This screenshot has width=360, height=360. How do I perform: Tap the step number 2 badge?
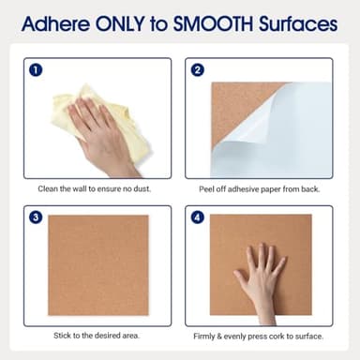point(197,69)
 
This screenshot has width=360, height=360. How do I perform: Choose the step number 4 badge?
point(197,217)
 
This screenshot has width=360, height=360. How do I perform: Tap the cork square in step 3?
point(98,264)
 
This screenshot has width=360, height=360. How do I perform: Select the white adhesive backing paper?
point(281,136)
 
